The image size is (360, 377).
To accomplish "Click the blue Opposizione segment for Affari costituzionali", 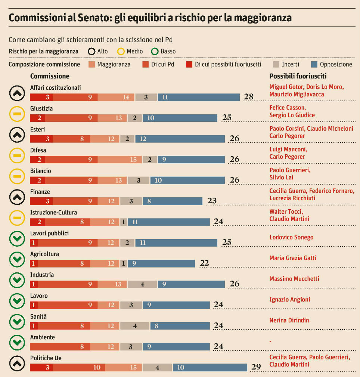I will [199, 97].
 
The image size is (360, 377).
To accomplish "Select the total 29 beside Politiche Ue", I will [256, 367].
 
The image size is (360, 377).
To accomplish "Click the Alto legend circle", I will [91, 52].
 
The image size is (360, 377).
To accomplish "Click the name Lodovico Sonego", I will [291, 237].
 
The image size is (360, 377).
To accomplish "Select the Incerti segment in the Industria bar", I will [142, 284].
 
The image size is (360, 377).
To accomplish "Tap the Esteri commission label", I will [38, 129].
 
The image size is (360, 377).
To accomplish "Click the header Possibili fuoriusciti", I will [298, 76].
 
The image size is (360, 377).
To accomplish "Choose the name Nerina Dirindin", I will [289, 320].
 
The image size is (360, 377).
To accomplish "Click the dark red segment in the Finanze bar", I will [41, 201].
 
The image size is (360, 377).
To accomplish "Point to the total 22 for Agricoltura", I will [204, 263].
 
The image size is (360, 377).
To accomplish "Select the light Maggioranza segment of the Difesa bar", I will [120, 160].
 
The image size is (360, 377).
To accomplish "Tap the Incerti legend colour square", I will [277, 64].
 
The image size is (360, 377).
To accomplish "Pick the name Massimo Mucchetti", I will [294, 279].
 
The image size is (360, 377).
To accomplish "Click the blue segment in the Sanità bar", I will [180, 326].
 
